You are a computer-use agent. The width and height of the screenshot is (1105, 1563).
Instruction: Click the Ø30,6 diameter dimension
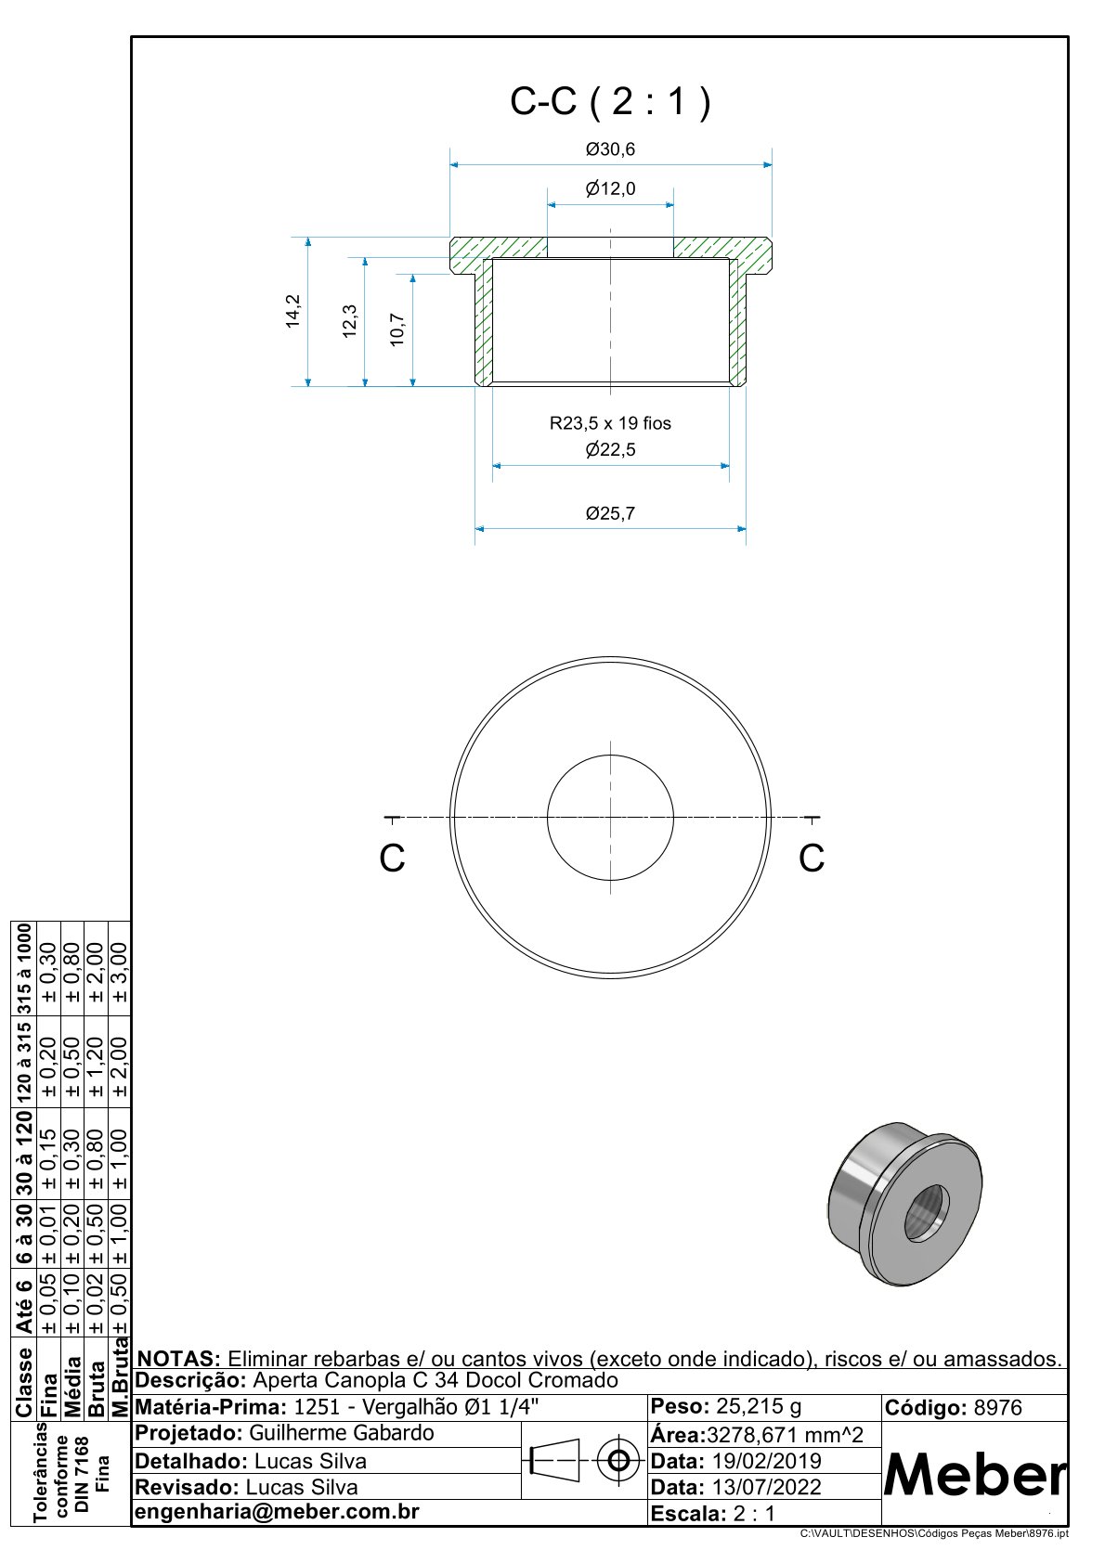(x=610, y=149)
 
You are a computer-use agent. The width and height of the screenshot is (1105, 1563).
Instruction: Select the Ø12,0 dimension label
(x=610, y=189)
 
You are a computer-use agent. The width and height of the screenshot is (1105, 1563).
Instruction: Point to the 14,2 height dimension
(x=293, y=311)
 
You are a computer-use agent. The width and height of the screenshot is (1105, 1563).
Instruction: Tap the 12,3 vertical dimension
(x=350, y=321)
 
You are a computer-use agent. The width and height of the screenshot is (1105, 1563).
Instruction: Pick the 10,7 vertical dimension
(x=397, y=330)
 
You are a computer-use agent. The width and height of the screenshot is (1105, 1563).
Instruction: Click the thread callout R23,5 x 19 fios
(x=610, y=423)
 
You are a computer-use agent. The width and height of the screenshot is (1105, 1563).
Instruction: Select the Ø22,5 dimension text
(x=610, y=450)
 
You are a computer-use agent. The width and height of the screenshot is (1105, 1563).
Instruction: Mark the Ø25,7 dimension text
(x=610, y=513)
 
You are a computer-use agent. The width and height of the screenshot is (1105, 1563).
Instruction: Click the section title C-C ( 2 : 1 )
(x=610, y=101)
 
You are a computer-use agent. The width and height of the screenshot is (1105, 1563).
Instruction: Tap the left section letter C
(x=392, y=859)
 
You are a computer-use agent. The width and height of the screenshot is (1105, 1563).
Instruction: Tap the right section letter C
(x=812, y=859)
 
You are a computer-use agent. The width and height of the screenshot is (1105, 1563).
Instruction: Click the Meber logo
(x=975, y=1474)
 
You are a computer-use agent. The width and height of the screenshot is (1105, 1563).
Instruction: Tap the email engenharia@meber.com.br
(x=278, y=1512)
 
